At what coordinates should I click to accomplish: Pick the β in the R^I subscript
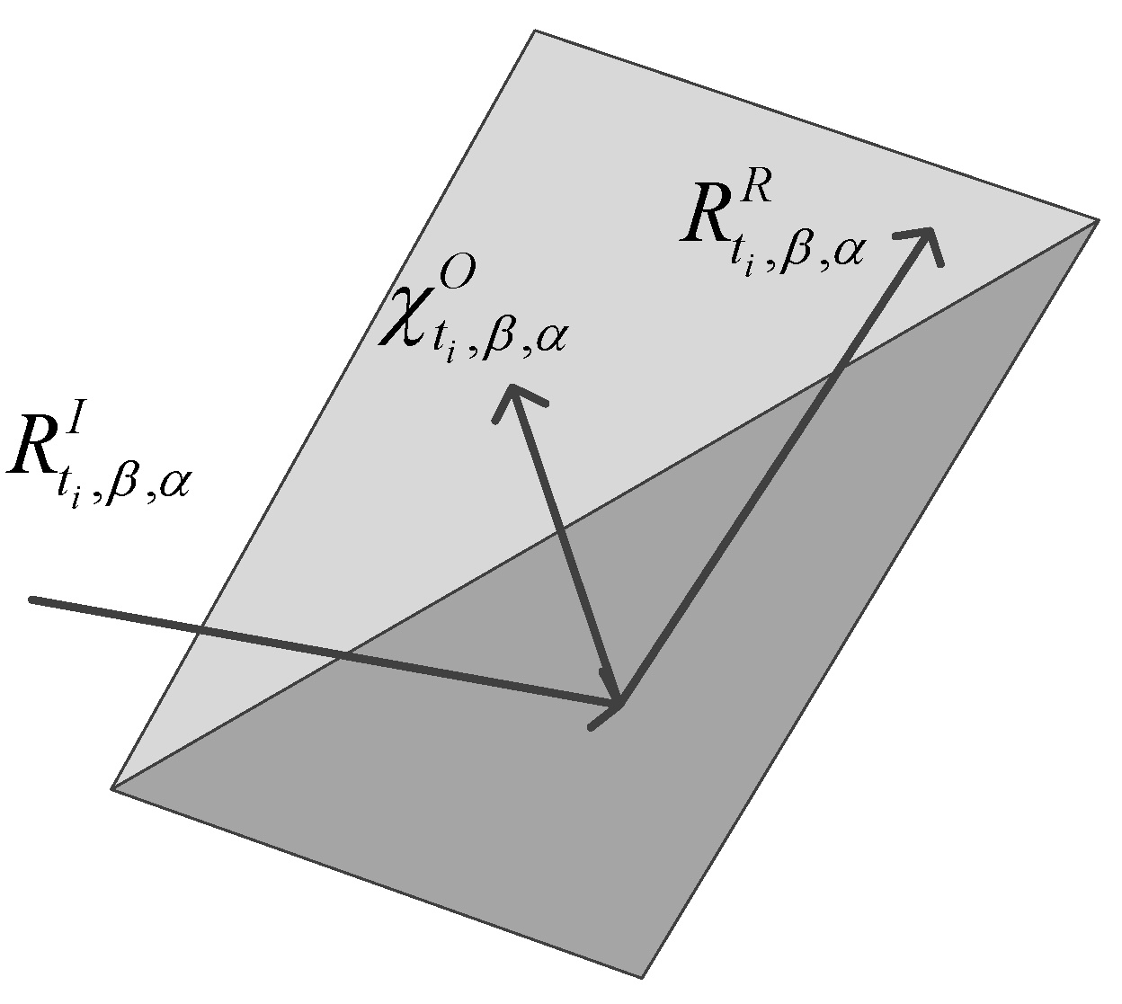(x=120, y=488)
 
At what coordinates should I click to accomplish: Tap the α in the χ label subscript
(x=546, y=345)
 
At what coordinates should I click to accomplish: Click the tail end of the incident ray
(x=33, y=599)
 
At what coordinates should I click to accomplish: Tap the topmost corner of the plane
(x=535, y=31)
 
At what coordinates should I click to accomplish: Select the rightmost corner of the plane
(x=1098, y=219)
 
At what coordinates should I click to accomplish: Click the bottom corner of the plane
(x=642, y=977)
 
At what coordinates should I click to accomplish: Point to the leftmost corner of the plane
(x=111, y=788)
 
